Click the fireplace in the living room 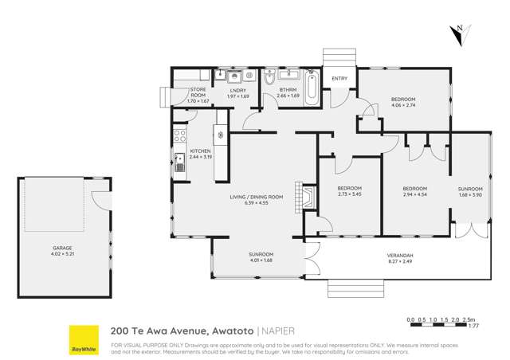pyautogui.click(x=301, y=196)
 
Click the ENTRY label pyautogui.click(x=339, y=78)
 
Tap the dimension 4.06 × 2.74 pyautogui.click(x=403, y=104)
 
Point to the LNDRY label pyautogui.click(x=238, y=91)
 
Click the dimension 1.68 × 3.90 pyautogui.click(x=470, y=194)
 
